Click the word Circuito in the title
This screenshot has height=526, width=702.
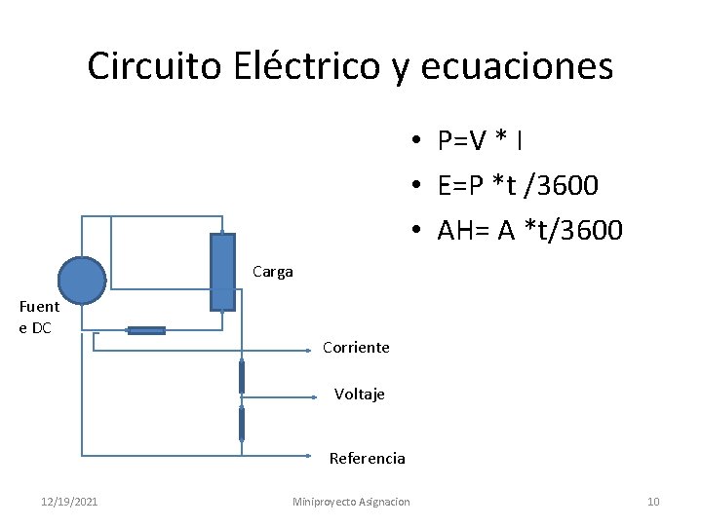(x=156, y=66)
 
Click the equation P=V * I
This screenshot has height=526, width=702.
(x=480, y=141)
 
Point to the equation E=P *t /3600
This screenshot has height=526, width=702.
(x=518, y=185)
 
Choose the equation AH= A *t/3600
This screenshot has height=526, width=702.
(x=529, y=230)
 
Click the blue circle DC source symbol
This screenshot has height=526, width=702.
(x=82, y=281)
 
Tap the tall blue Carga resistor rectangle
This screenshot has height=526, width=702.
(x=222, y=272)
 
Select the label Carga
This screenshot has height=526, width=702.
(x=272, y=272)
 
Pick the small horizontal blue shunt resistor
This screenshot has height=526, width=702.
(x=146, y=331)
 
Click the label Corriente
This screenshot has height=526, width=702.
(x=356, y=348)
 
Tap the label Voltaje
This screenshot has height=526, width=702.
(x=360, y=394)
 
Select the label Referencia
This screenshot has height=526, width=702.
(x=367, y=458)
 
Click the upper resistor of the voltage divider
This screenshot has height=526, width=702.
(x=242, y=376)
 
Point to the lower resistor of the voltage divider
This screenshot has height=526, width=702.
(x=242, y=424)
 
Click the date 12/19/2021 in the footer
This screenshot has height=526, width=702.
(x=69, y=502)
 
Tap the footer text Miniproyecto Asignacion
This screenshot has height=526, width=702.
(x=351, y=502)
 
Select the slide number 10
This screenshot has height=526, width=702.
(x=653, y=502)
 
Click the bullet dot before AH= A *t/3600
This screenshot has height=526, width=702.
(x=415, y=231)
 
